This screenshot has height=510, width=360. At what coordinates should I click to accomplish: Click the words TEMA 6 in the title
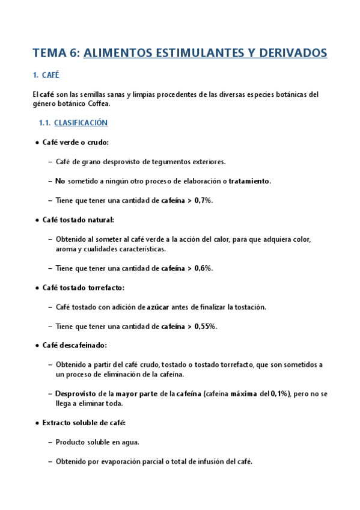click(x=54, y=53)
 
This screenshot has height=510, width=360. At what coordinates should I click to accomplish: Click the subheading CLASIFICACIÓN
click(x=81, y=123)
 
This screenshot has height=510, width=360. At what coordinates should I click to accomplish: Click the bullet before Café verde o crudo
click(x=37, y=143)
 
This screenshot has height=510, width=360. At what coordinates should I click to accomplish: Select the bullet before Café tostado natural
click(x=37, y=220)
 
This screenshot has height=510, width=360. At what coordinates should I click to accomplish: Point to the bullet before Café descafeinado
click(x=37, y=346)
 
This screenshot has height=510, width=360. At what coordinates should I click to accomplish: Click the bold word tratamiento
click(x=249, y=181)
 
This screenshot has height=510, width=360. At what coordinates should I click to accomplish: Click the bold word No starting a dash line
click(x=59, y=181)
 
